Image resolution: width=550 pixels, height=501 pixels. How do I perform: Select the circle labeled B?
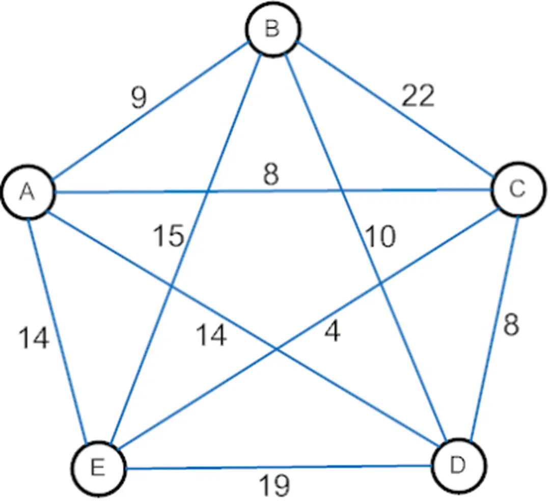click(x=272, y=30)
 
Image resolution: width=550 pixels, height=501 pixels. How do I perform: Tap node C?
click(x=518, y=189)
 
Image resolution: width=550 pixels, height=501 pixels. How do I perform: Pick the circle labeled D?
click(x=458, y=466)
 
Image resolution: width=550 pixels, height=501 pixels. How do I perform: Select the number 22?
click(x=418, y=96)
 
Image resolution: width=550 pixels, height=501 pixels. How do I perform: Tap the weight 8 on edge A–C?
click(x=271, y=175)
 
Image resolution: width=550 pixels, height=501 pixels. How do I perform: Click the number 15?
click(x=169, y=236)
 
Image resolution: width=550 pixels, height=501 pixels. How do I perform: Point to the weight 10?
click(x=379, y=236)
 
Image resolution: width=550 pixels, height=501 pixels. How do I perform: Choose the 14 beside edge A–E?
click(x=34, y=338)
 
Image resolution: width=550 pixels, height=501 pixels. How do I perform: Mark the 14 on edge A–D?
click(x=211, y=336)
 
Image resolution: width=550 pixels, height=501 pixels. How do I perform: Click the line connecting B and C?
click(x=395, y=110)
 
